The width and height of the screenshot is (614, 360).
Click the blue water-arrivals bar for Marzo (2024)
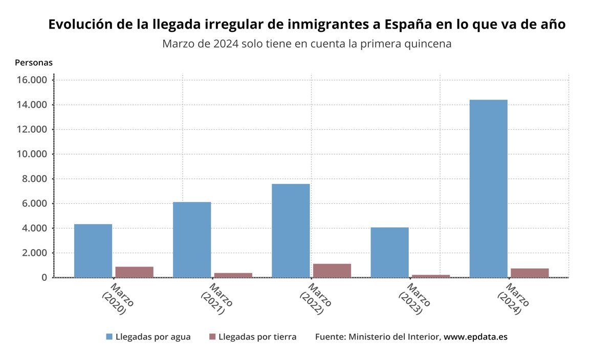488,188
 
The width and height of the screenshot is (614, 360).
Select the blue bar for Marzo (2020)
93,251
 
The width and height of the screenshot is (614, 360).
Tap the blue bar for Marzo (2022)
291,230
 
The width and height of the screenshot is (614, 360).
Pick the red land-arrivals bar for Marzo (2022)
332,271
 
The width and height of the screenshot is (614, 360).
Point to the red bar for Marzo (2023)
431,276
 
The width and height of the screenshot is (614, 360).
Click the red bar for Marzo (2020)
134,272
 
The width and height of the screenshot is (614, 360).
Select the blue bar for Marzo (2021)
192,239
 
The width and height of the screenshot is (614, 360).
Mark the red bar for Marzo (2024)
530,273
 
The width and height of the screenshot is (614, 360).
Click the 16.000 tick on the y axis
32,80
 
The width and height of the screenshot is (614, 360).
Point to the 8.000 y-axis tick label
34,179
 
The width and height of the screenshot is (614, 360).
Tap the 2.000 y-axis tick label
34,253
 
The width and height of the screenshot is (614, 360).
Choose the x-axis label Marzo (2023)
414,299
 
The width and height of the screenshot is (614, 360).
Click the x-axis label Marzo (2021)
216,299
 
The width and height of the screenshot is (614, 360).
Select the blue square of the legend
109,337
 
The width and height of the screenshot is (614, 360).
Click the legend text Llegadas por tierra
257,337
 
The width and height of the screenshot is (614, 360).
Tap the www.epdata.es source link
475,337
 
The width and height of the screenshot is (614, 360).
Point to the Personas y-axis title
34,63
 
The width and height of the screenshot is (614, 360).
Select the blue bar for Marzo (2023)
389,252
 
